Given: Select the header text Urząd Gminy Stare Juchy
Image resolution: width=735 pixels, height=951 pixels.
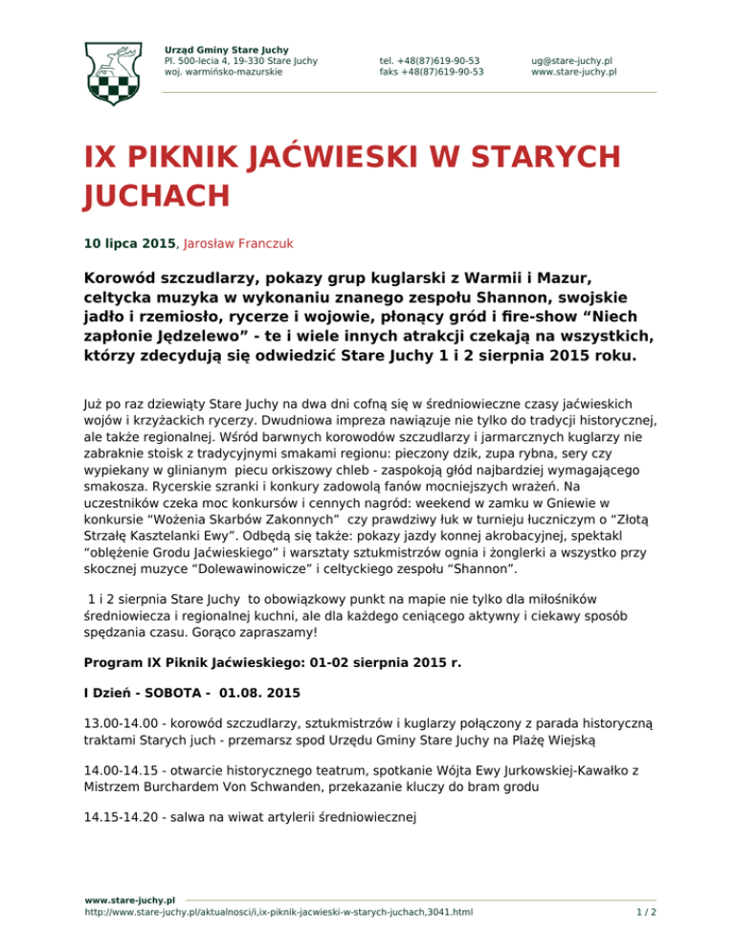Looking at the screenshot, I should pos(227,49).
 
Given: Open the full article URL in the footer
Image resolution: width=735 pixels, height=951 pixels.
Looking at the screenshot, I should pos(278,913).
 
